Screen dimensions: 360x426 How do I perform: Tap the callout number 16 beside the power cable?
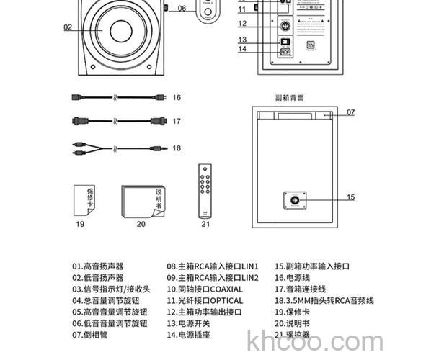click(x=176, y=97)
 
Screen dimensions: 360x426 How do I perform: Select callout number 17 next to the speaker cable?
click(x=176, y=122)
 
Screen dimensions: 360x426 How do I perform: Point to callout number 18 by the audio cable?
click(x=176, y=148)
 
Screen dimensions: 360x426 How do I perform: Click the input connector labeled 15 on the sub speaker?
click(x=295, y=197)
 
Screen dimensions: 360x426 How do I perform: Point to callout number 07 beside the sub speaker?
click(x=350, y=112)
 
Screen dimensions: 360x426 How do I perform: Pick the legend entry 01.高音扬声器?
click(x=97, y=266)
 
